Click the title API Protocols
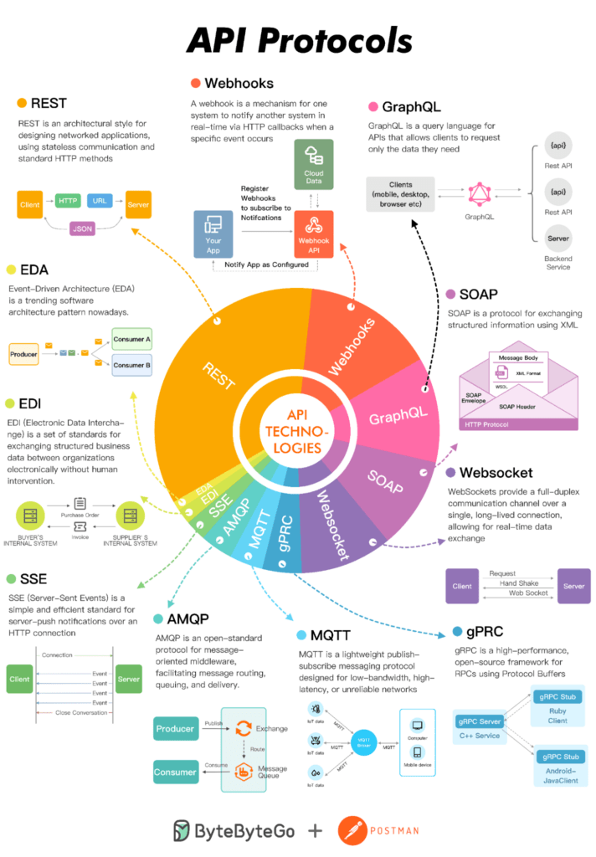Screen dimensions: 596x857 (298, 40)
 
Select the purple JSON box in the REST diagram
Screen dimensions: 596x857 (83, 228)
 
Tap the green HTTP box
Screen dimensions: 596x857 (68, 201)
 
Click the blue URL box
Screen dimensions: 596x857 (100, 201)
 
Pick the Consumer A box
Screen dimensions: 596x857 (131, 341)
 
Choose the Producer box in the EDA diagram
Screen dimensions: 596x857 (24, 355)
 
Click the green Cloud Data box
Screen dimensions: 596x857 (314, 164)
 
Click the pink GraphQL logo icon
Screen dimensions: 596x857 (480, 196)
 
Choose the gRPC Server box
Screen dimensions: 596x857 (479, 721)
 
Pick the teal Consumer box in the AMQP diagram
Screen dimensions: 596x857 (176, 772)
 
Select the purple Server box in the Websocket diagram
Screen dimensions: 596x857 (573, 586)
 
